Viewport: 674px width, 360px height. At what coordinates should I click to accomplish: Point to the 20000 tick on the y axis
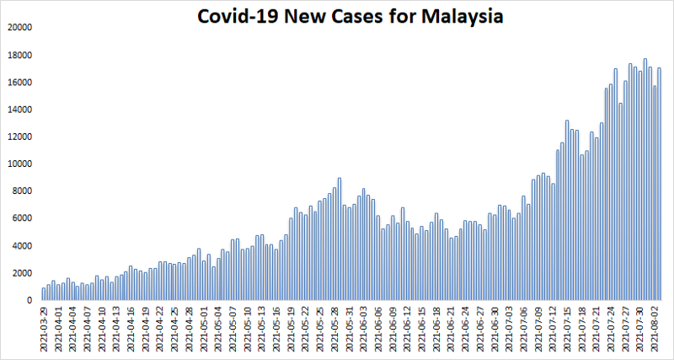pos(18,28)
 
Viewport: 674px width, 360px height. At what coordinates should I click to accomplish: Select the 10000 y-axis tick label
pos(18,164)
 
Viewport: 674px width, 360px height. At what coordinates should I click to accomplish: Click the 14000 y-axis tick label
pos(18,110)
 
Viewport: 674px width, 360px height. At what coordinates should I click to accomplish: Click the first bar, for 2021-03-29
pos(44,294)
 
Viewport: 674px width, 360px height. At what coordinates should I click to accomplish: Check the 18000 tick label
pos(18,55)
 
